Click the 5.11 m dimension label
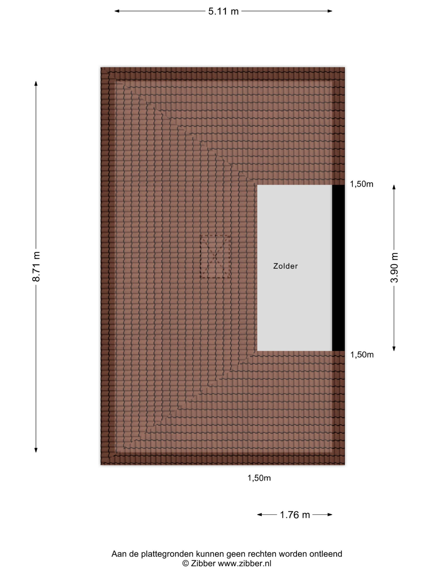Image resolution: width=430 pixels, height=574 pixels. [x=223, y=11]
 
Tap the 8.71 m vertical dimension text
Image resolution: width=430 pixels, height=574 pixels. [x=36, y=266]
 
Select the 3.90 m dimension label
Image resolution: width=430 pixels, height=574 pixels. [x=394, y=268]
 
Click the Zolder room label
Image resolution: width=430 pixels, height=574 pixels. [x=285, y=266]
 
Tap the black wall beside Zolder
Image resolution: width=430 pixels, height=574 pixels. [x=338, y=268]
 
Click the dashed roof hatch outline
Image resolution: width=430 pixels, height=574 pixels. [x=215, y=256]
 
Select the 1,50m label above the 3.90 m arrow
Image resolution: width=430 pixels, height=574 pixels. [x=362, y=184]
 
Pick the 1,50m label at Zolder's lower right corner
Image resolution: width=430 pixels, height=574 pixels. [x=362, y=355]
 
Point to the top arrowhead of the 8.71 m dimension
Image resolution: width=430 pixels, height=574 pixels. [x=36, y=83]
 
